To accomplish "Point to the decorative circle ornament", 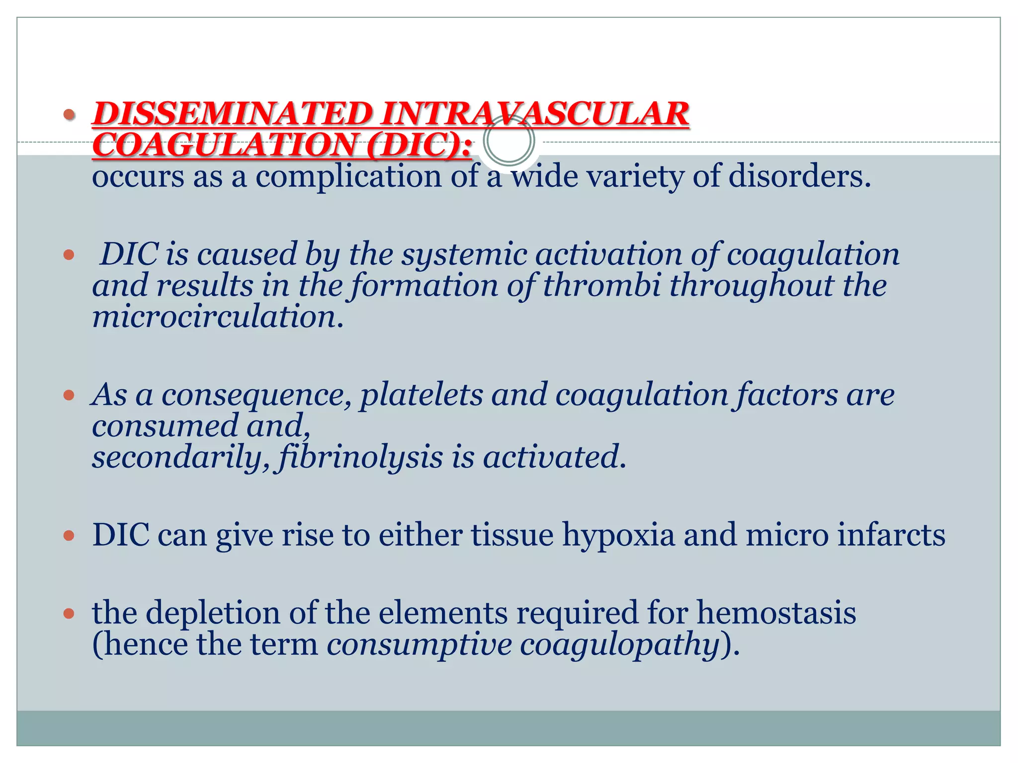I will (x=509, y=141).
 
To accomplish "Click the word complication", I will (x=348, y=177).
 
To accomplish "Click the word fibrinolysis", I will (x=361, y=457).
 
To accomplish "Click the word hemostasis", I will (x=776, y=612).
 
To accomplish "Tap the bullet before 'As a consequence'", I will (x=69, y=395).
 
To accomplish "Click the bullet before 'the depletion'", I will (x=69, y=613).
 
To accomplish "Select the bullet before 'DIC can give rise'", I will (x=69, y=535).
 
